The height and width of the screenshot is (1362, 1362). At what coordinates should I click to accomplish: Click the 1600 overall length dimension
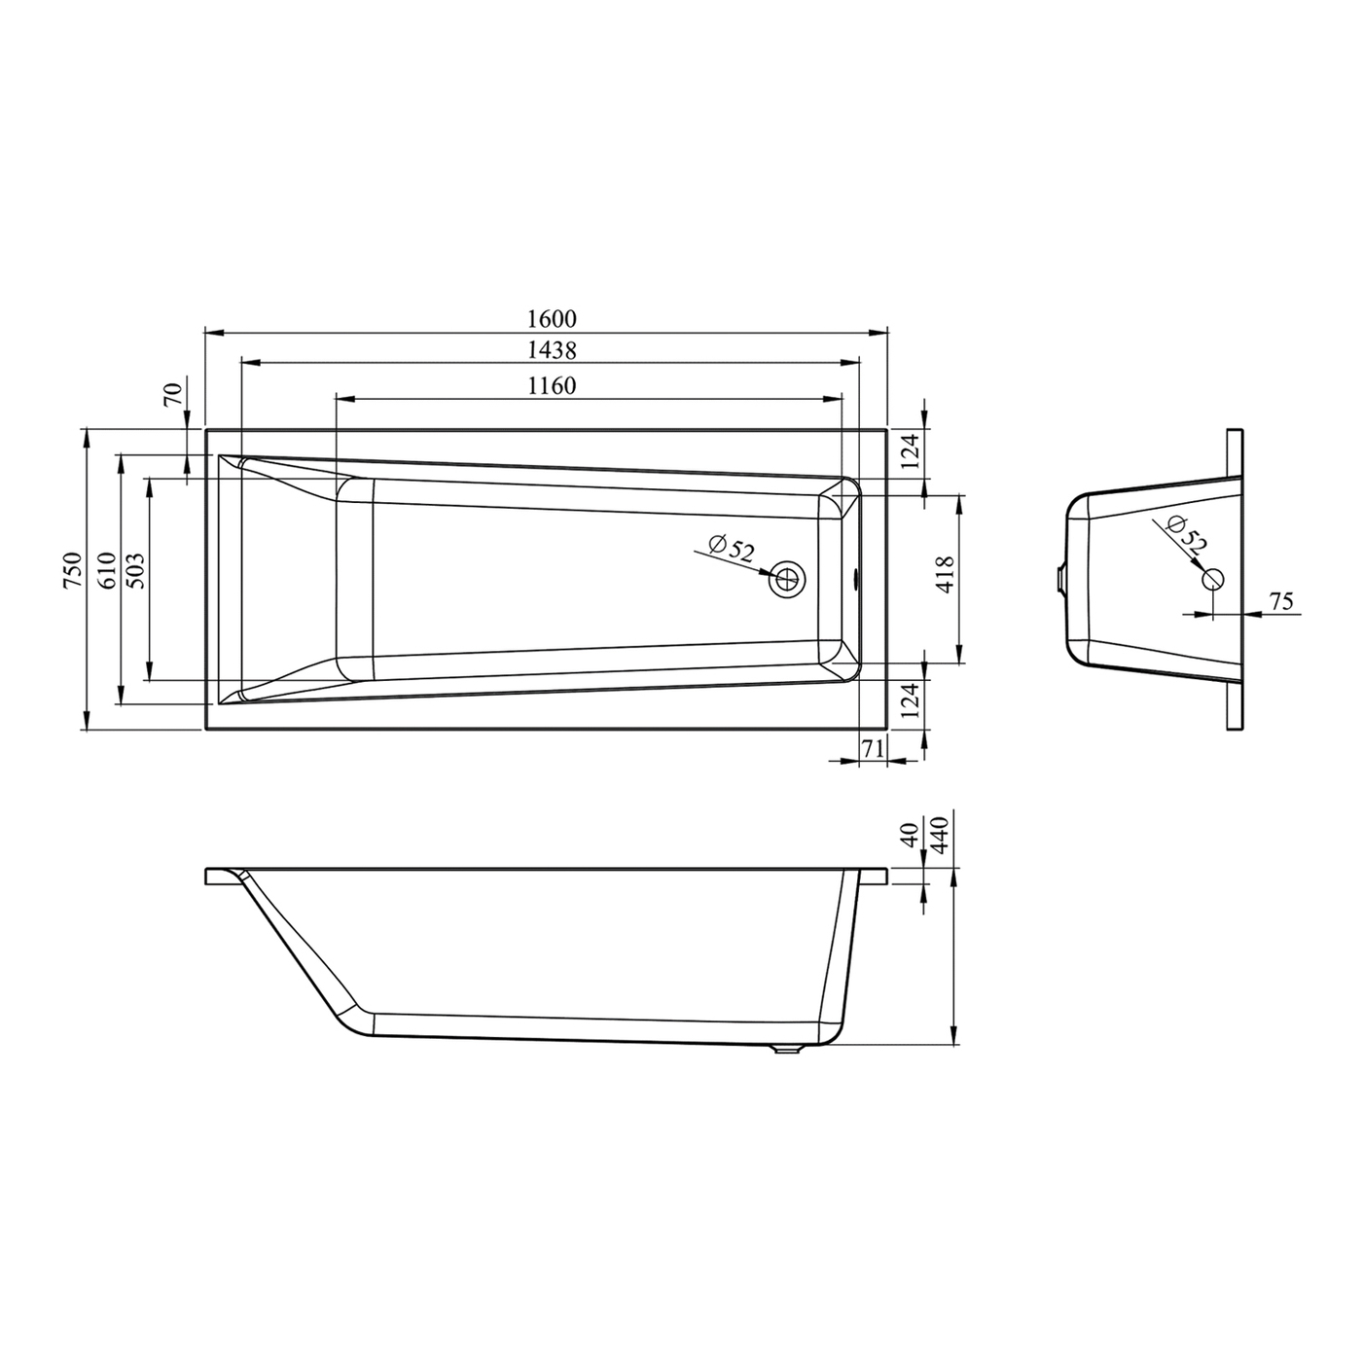click(x=552, y=319)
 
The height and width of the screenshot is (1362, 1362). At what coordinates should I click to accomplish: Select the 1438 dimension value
click(x=552, y=350)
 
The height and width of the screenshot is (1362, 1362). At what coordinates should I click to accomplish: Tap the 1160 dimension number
click(x=552, y=385)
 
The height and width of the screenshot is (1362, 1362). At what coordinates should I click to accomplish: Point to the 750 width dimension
click(x=73, y=570)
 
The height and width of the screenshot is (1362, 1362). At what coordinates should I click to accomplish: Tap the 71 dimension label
click(x=873, y=748)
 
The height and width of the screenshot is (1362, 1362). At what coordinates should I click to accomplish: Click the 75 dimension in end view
click(x=1281, y=601)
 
